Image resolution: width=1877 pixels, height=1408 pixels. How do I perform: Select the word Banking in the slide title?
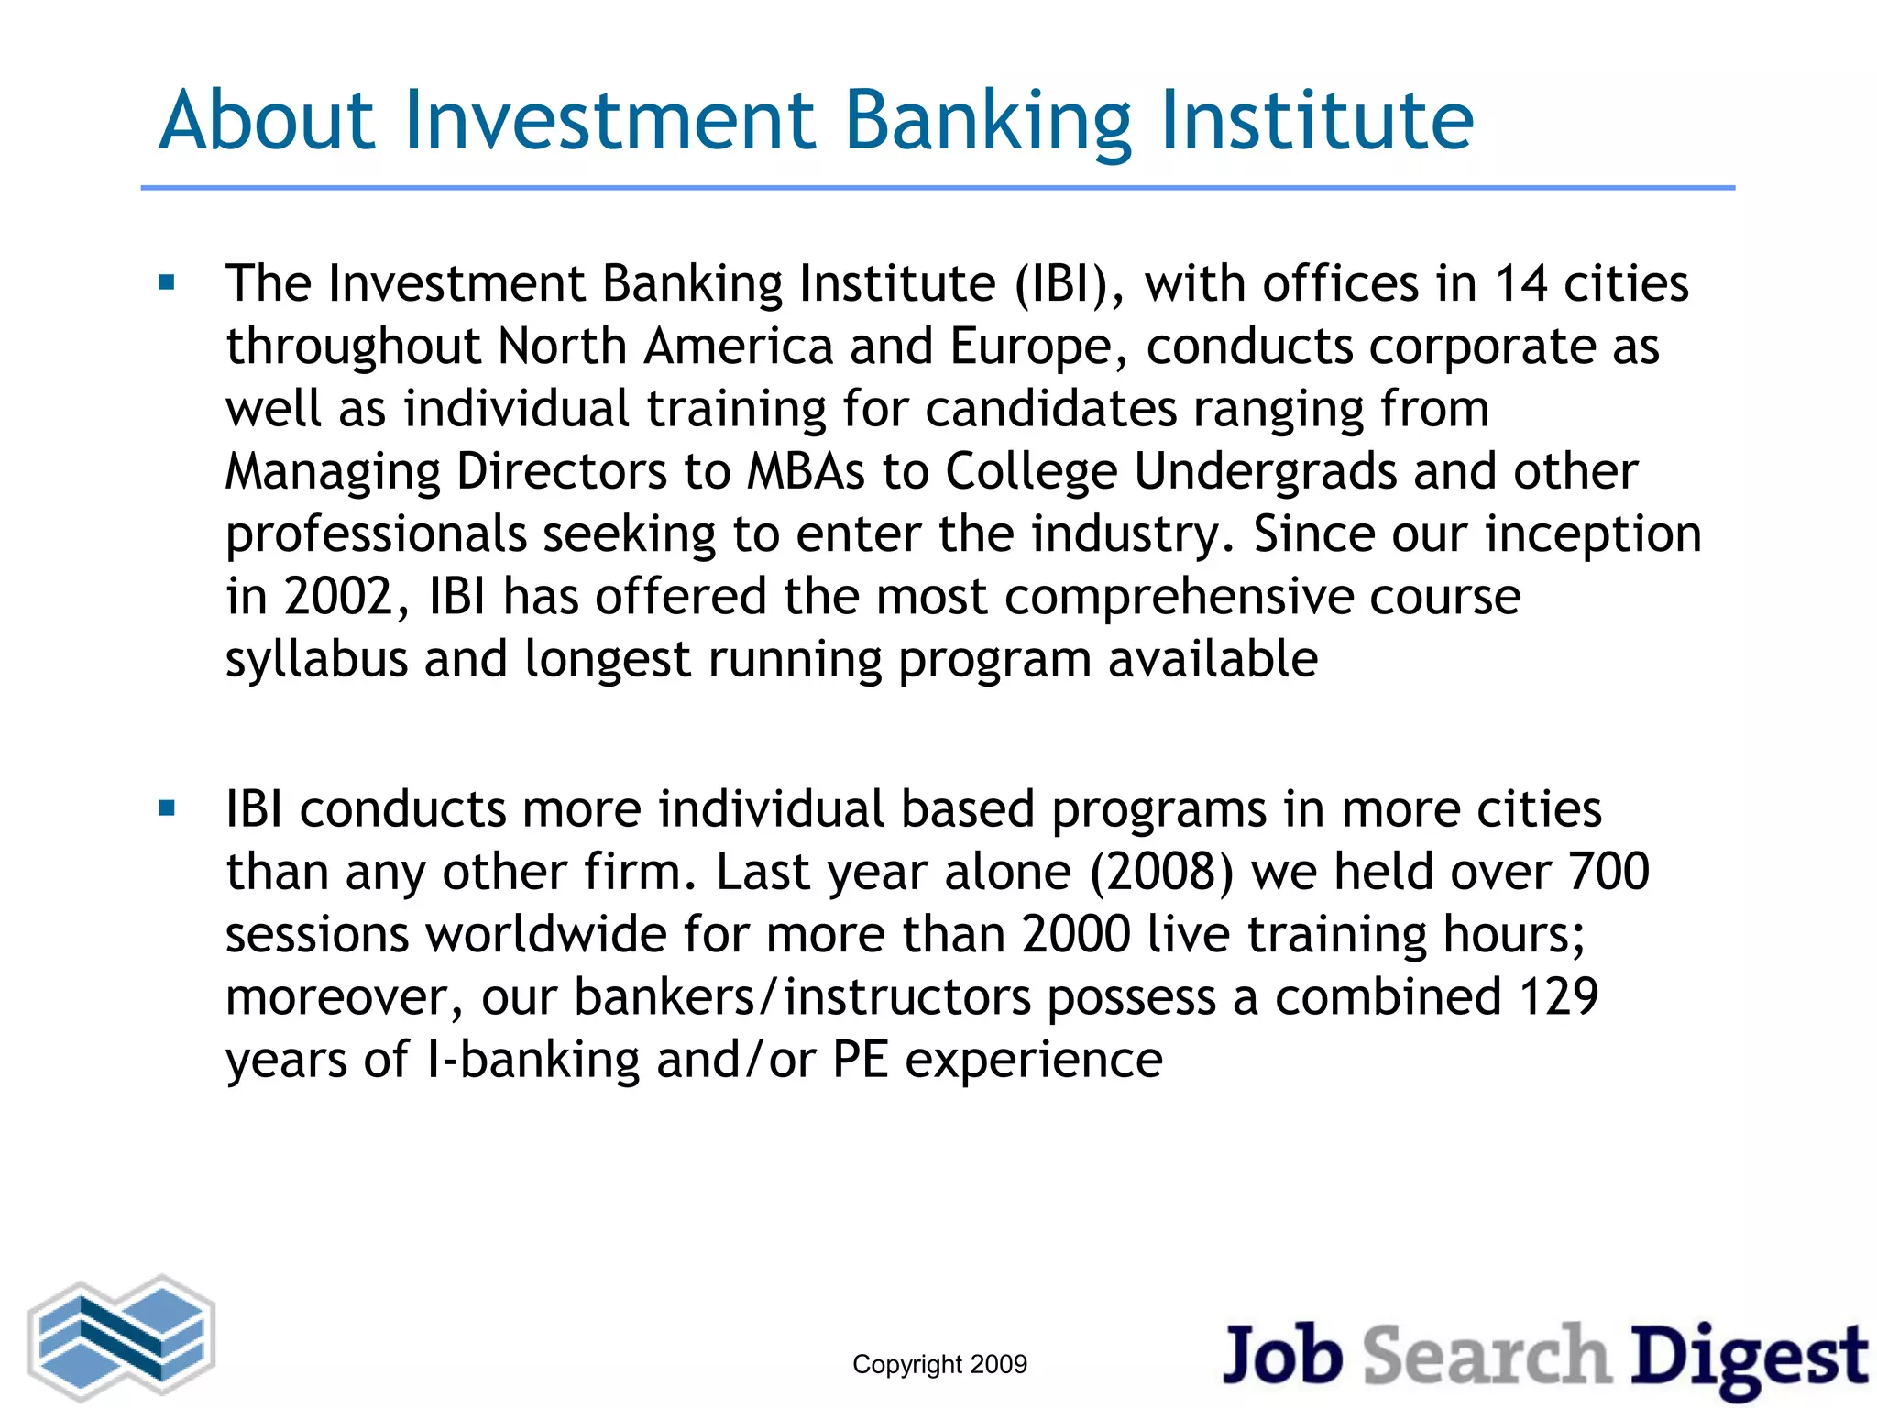[988, 123]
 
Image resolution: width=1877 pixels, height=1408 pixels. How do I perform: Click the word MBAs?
[806, 472]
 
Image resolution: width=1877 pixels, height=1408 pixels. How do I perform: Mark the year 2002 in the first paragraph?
[338, 597]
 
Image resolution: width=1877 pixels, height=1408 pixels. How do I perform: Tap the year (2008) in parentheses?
[1161, 872]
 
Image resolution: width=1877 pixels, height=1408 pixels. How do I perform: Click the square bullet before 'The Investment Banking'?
[167, 282]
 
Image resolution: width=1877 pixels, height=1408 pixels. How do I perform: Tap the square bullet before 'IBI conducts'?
[167, 808]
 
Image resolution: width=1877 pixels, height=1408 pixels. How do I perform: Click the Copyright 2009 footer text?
[939, 1364]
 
